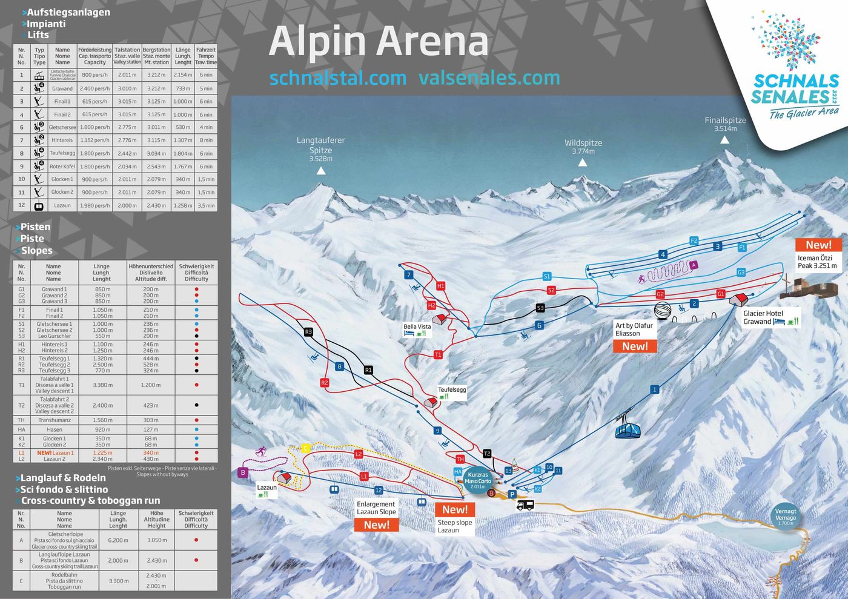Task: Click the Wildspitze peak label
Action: point(583,147)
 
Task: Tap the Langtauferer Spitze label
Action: point(320,148)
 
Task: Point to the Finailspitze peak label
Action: point(725,124)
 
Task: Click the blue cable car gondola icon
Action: point(628,428)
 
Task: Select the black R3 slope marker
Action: point(308,332)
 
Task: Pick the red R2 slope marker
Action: point(324,383)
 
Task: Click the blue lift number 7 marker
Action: point(409,274)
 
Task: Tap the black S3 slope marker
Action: point(540,308)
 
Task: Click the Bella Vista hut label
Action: point(417,327)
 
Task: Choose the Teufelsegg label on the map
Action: point(452,390)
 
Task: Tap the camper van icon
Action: point(525,505)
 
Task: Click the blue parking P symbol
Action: point(512,494)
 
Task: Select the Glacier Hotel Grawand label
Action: point(763,317)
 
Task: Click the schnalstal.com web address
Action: point(337,78)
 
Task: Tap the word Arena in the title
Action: point(433,41)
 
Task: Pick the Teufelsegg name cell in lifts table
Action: point(62,153)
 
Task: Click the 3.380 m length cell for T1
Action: point(102,385)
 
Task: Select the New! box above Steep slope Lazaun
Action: point(455,509)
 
